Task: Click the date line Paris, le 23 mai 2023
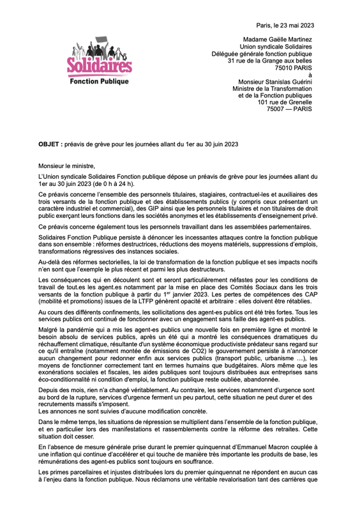284,25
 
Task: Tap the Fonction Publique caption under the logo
99,82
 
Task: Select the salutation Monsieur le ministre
66,165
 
